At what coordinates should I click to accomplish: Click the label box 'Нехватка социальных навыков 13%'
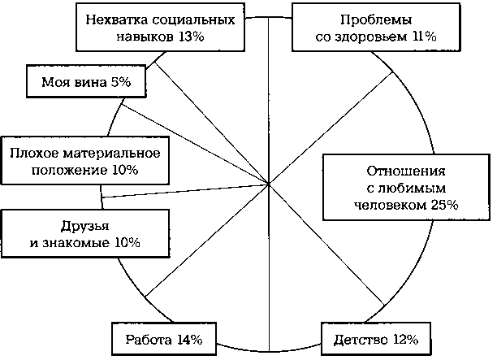tap(160, 28)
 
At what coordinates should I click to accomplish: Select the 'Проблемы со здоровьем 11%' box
tap(376, 28)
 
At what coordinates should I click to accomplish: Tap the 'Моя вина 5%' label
tap(86, 81)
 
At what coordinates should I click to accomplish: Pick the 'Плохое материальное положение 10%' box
tap(85, 160)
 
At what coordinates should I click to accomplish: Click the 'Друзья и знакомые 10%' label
tap(85, 233)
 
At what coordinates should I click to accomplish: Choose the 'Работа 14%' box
tap(164, 339)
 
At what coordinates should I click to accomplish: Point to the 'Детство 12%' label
tap(376, 339)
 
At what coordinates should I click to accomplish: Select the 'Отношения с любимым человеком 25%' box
tap(406, 188)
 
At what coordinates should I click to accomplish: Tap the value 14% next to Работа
tap(189, 340)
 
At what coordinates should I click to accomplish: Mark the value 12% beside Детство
tap(406, 340)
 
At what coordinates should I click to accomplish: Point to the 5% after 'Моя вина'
tap(120, 82)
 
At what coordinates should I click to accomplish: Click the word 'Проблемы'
tap(376, 20)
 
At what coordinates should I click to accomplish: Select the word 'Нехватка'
tap(117, 20)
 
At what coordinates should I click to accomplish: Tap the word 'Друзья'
tap(85, 226)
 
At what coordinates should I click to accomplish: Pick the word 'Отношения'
tap(406, 171)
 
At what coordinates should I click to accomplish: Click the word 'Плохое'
tap(34, 154)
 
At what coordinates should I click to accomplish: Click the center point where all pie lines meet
tap(269, 184)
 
